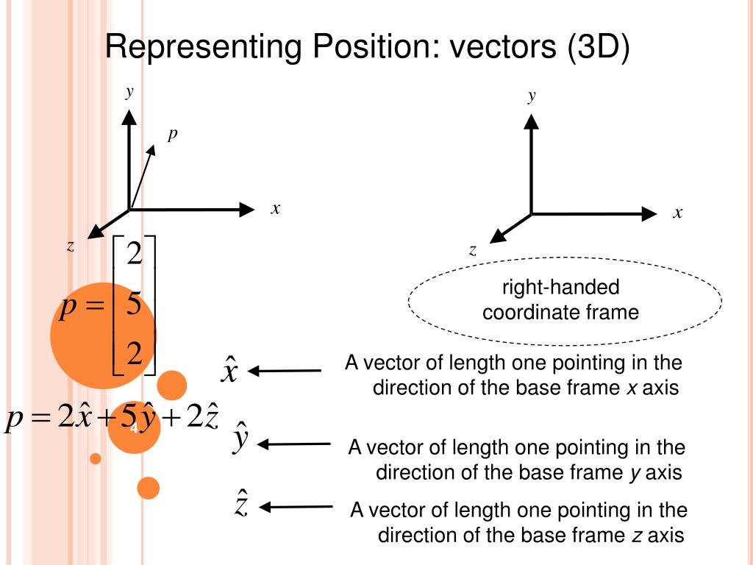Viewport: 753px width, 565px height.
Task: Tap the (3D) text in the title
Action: coord(597,49)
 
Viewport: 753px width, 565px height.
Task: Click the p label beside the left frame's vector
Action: coord(172,134)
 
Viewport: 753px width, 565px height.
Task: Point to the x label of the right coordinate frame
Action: coord(677,213)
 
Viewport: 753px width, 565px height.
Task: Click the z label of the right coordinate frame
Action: coord(473,250)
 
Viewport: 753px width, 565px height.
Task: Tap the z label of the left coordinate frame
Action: coord(71,246)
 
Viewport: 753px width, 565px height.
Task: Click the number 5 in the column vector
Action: coord(134,303)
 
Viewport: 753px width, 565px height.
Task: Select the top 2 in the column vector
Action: coord(134,255)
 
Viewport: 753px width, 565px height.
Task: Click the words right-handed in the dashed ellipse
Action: coord(560,287)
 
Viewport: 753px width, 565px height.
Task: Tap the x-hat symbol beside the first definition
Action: coord(229,369)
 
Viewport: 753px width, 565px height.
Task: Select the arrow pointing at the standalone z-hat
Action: coord(296,506)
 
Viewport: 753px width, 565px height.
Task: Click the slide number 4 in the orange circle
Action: coord(134,428)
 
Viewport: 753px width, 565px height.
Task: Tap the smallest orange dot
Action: coord(95,458)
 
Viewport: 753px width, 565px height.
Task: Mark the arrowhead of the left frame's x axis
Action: coord(246,210)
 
